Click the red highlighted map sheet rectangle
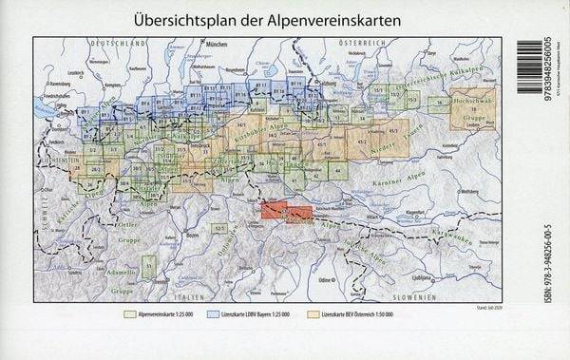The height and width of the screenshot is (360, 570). click(285, 213)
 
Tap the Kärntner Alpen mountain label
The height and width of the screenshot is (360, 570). click(451, 178)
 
